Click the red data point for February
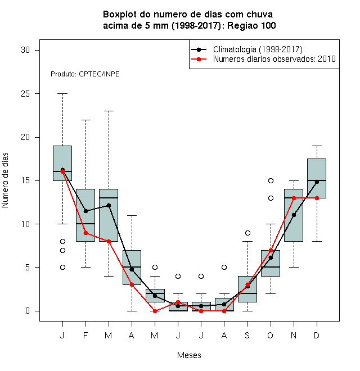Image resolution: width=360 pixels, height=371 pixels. [x=85, y=233]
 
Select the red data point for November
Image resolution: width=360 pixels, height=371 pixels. [x=294, y=198]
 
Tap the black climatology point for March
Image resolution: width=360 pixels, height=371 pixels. [x=109, y=205]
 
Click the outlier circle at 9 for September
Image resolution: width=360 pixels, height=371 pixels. [x=247, y=233]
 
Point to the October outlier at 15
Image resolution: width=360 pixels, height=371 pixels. [x=271, y=181]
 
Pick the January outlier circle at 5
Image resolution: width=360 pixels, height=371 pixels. [x=62, y=268]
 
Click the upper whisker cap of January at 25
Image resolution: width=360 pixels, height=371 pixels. [x=62, y=94]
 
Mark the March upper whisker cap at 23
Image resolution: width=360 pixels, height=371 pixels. [x=109, y=111]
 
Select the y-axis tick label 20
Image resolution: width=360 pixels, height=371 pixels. [x=25, y=137]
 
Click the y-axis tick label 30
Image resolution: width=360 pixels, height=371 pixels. [x=25, y=50]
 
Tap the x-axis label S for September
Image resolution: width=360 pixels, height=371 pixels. [x=247, y=335]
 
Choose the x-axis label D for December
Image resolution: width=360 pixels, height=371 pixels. [x=317, y=335]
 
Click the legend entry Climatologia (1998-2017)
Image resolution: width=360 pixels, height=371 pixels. [x=258, y=49]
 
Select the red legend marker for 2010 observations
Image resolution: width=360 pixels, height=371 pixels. [x=199, y=59]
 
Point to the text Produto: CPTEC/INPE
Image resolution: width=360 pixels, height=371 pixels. [x=85, y=74]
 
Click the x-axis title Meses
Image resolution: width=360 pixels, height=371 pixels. [x=189, y=355]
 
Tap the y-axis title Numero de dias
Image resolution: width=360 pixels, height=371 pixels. [x=5, y=180]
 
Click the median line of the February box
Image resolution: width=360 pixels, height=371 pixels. [x=85, y=224]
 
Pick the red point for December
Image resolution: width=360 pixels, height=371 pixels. [x=317, y=198]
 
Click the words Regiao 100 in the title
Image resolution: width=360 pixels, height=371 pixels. [x=251, y=25]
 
